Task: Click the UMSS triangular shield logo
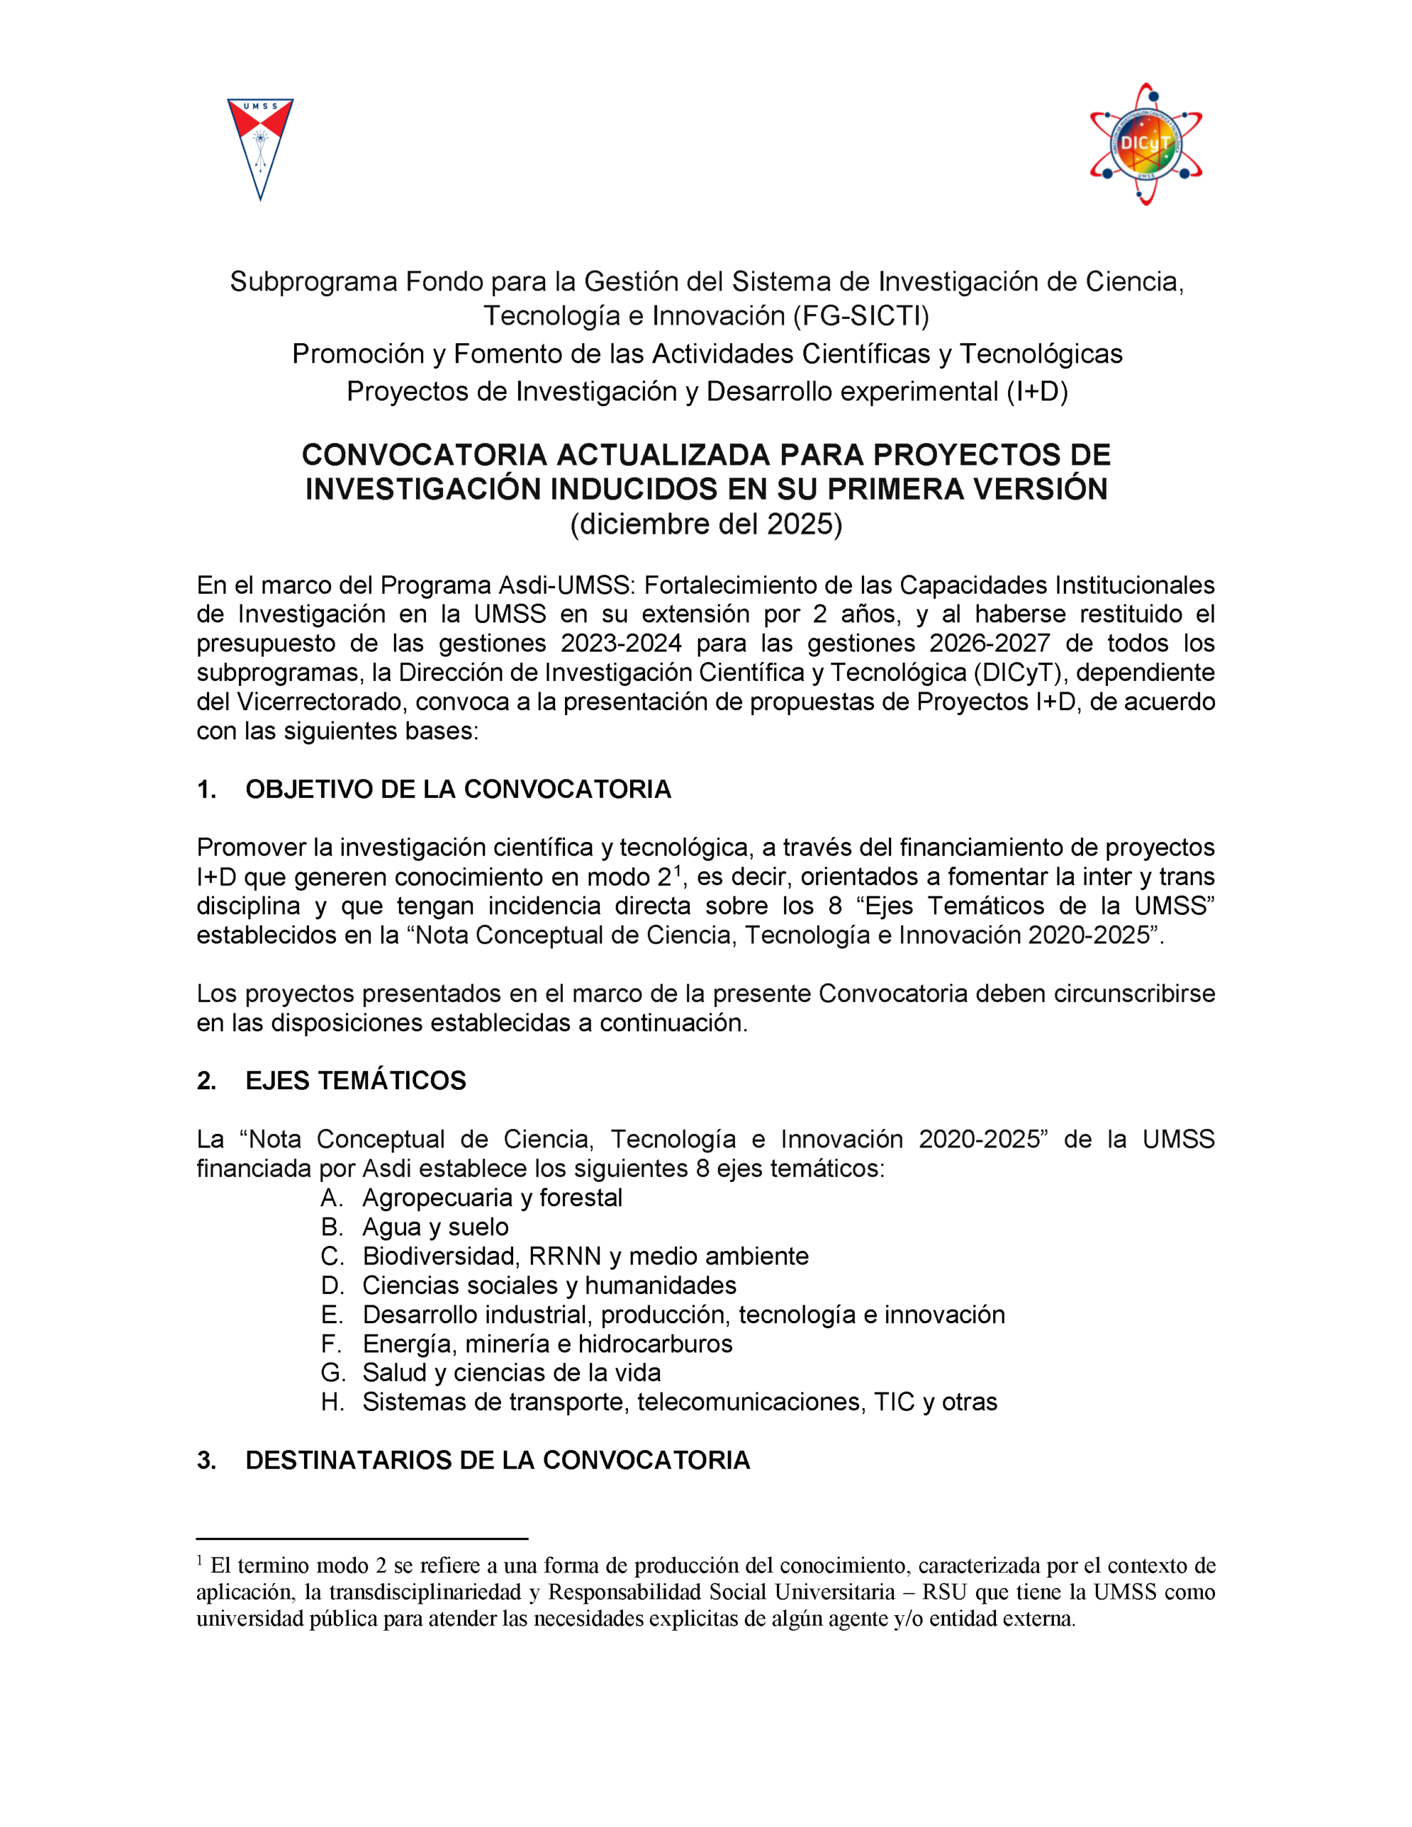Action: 260,148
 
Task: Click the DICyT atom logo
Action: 1145,144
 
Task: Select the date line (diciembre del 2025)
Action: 706,525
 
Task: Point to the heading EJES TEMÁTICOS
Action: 355,1080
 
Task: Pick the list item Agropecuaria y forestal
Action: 492,1198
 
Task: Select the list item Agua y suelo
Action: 435,1228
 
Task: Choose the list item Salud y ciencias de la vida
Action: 511,1373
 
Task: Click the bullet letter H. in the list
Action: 332,1402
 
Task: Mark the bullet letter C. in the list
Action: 332,1257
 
